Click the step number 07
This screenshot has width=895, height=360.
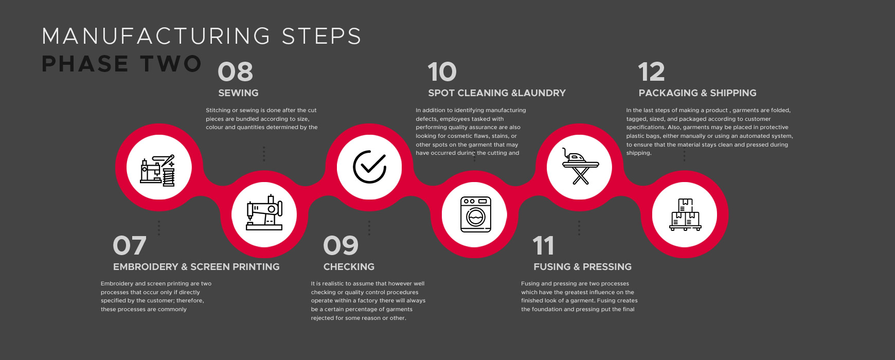[130, 245]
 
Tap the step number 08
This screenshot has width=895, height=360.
[236, 71]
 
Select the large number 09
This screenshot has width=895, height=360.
[341, 245]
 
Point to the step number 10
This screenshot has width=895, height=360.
[442, 71]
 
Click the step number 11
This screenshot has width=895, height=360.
[543, 245]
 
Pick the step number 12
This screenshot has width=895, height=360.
[651, 71]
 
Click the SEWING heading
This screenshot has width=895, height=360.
[238, 93]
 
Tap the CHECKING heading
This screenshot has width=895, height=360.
[349, 267]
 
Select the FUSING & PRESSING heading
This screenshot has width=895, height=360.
[582, 267]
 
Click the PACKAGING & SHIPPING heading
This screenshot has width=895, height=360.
[697, 93]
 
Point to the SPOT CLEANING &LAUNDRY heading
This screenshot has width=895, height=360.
[497, 93]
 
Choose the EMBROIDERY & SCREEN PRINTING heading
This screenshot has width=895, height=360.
[196, 267]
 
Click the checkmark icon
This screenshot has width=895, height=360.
[369, 167]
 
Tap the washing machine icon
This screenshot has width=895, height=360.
[475, 214]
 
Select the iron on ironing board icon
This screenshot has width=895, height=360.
[580, 167]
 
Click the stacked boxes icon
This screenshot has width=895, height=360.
[686, 214]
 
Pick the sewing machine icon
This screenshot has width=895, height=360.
[264, 212]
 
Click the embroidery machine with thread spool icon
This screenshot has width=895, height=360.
[158, 170]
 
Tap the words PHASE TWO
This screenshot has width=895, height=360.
[121, 64]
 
